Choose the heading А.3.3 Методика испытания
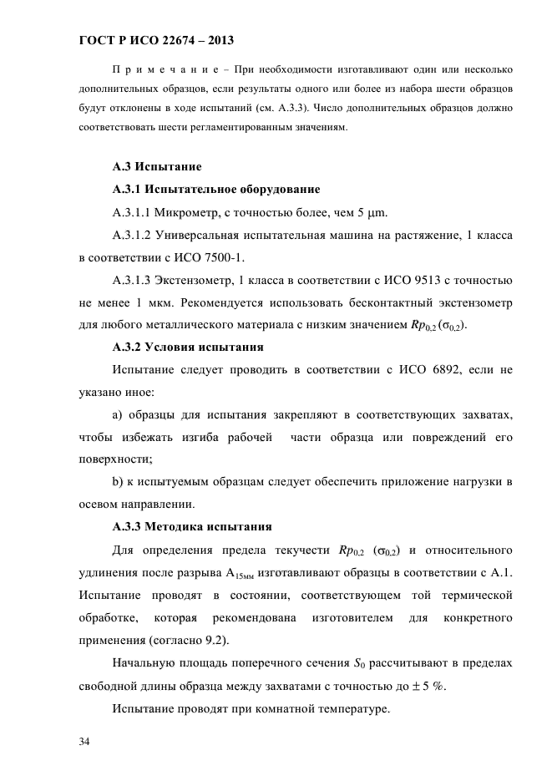pos(192,526)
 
